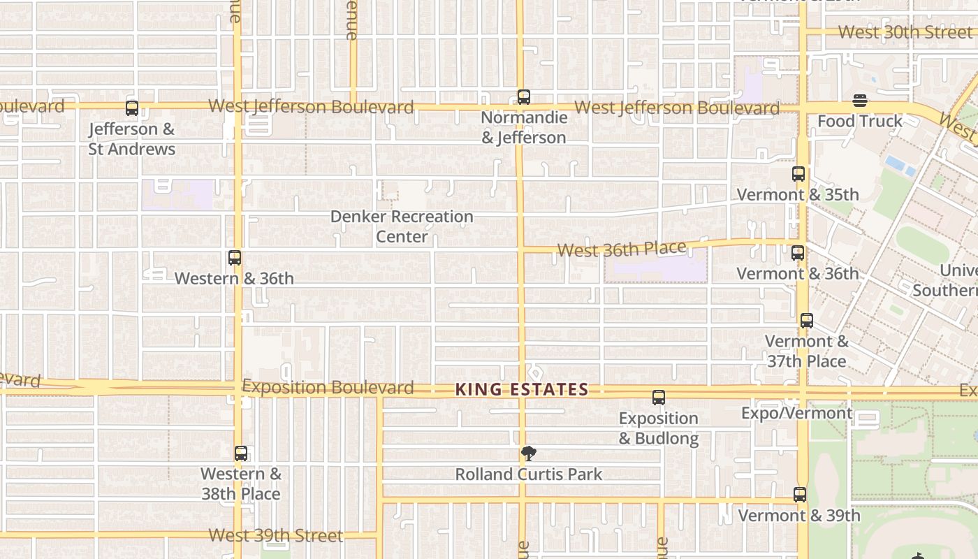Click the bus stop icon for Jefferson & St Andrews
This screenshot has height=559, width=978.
tap(132, 108)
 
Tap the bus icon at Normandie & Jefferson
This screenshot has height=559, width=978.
tap(524, 97)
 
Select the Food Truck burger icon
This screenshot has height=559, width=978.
tap(860, 101)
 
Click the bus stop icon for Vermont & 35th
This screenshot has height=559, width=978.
tap(798, 174)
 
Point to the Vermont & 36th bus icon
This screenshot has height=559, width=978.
tap(798, 253)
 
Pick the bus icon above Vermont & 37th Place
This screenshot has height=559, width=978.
tap(807, 321)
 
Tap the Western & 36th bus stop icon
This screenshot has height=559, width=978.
tap(235, 258)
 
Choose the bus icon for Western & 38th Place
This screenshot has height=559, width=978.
tap(241, 453)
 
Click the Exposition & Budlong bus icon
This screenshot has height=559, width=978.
tap(659, 398)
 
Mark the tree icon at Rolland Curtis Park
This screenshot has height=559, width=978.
tap(529, 453)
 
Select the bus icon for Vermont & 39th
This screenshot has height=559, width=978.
tap(800, 495)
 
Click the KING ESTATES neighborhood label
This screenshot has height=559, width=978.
tap(522, 390)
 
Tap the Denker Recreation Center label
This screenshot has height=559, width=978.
tap(402, 226)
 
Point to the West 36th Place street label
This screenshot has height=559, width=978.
tap(622, 249)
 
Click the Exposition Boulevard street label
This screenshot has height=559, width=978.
tap(328, 387)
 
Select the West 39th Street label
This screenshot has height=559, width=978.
tap(276, 536)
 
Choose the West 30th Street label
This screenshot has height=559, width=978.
tap(905, 32)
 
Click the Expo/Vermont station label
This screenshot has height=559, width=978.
tap(796, 413)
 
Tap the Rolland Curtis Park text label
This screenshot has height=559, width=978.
tap(529, 474)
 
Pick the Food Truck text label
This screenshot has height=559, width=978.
tap(860, 122)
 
